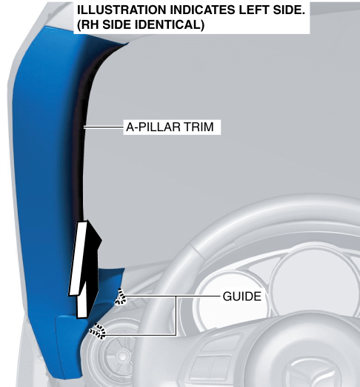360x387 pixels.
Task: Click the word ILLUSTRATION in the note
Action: tap(121, 10)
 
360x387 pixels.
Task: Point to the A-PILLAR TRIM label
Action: tap(170, 127)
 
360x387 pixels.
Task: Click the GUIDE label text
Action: tap(242, 297)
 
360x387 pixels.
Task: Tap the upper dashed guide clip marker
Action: tap(121, 297)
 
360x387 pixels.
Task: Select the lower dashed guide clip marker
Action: tap(98, 331)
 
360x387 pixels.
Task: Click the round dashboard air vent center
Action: tap(121, 355)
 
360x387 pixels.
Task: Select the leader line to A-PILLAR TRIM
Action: tap(104, 128)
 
